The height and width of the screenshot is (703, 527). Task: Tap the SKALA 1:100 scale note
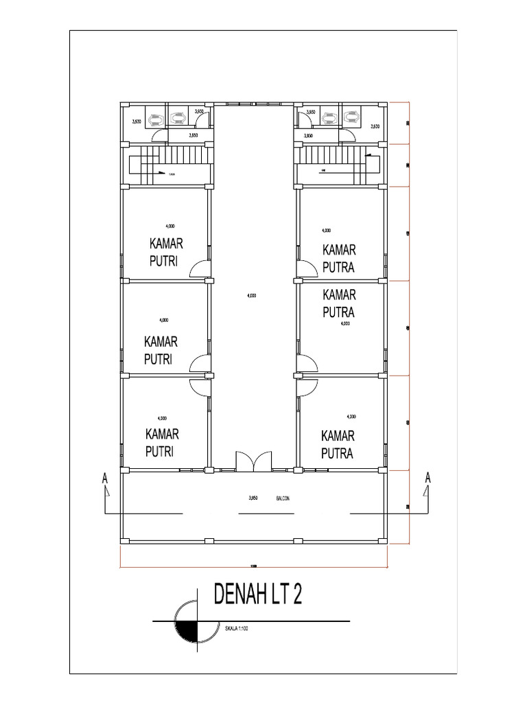tap(235, 627)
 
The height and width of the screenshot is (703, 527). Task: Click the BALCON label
tap(283, 499)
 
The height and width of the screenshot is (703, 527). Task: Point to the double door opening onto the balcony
tap(254, 461)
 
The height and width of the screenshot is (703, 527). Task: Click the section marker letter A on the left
tap(104, 479)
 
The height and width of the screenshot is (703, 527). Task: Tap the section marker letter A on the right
tap(427, 477)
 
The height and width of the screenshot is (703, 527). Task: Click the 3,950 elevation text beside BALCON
tap(253, 499)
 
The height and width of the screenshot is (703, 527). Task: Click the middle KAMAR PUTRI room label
tap(161, 350)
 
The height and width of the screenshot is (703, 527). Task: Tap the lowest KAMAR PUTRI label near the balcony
tap(162, 442)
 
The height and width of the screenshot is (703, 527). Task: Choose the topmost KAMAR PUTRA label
tap(338, 257)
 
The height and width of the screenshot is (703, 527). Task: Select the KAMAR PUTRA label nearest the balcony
tap(337, 444)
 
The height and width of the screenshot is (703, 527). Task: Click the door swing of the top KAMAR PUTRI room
tap(200, 269)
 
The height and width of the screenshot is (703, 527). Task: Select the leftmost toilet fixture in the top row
tap(156, 117)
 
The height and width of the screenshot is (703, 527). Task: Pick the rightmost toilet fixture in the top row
tap(351, 117)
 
